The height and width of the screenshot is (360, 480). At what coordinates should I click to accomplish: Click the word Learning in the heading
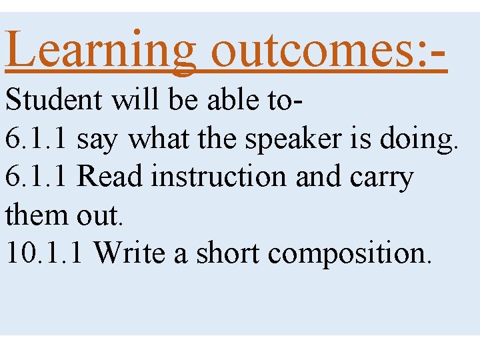(101, 49)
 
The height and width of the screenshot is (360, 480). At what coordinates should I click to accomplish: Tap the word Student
(54, 101)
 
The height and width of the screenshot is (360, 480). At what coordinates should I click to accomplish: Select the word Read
(111, 177)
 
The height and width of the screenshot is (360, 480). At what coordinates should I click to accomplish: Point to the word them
(33, 215)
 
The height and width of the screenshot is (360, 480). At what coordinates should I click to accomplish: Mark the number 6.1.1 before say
(37, 139)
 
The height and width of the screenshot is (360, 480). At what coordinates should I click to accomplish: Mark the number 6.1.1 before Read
(37, 177)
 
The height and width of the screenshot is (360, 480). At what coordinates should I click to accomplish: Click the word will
(136, 101)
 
